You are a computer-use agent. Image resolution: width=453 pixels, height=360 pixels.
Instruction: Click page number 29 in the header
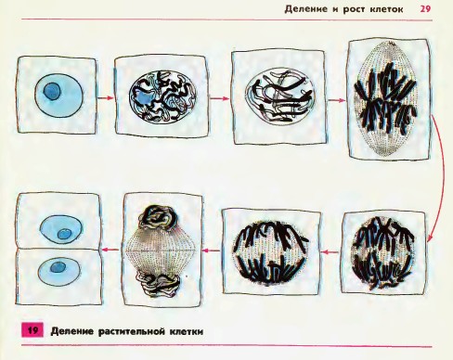click(425, 8)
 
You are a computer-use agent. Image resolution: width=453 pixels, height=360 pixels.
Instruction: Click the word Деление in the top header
click(306, 9)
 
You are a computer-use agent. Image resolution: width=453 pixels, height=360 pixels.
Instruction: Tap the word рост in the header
click(354, 9)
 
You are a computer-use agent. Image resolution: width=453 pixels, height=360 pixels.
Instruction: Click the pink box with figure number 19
click(32, 330)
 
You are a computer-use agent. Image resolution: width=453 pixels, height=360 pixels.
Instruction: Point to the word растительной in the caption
click(131, 331)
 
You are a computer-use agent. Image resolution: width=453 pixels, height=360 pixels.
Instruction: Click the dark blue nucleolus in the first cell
click(52, 91)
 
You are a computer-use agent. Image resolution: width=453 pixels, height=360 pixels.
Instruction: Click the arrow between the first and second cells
click(106, 98)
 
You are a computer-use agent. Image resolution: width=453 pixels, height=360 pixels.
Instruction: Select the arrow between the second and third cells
click(220, 98)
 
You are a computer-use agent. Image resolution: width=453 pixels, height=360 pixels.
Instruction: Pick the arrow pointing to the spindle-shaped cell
click(336, 100)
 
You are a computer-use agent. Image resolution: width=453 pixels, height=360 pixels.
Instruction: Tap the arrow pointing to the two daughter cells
click(110, 249)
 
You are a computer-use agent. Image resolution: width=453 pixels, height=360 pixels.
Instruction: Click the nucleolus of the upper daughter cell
click(64, 234)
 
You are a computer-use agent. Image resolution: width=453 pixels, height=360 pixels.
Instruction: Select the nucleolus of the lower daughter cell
click(58, 267)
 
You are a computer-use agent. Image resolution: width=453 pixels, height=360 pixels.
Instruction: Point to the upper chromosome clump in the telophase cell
click(160, 218)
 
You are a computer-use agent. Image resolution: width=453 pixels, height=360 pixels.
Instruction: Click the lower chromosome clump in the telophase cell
click(160, 285)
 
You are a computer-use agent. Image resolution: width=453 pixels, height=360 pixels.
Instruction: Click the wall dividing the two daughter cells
click(58, 249)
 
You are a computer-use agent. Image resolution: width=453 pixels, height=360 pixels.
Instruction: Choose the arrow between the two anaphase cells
click(330, 252)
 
